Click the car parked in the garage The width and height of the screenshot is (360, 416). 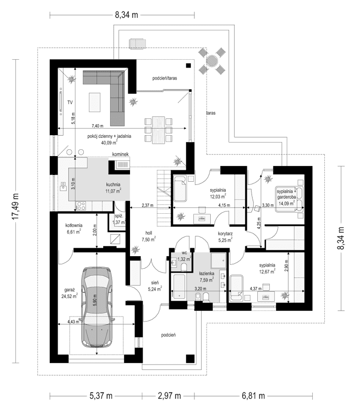pos(96,308)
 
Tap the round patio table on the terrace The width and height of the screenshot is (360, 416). pos(212,61)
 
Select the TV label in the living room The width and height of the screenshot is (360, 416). pos(69,102)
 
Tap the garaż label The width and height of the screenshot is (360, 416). pos(71,289)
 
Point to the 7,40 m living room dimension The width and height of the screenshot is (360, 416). pos(97,126)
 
